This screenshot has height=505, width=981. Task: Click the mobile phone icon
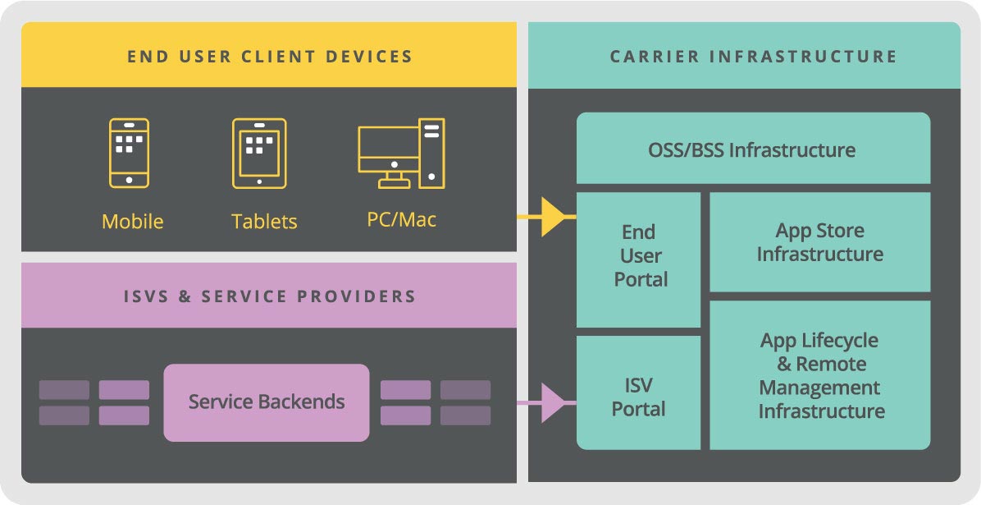coord(129,153)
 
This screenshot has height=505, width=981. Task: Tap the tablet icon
coord(259,153)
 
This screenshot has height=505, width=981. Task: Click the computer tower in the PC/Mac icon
coord(431,151)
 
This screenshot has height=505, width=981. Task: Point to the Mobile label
coord(132,222)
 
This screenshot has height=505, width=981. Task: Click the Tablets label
coord(264,222)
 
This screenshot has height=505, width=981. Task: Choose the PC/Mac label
coord(402,220)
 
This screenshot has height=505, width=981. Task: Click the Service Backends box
coord(267,402)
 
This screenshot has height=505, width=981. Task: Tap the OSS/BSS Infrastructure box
coord(753,150)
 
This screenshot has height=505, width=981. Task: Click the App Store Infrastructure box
coord(819,242)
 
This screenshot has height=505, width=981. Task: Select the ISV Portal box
coord(638,397)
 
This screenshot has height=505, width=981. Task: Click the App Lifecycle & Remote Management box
coord(820,375)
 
